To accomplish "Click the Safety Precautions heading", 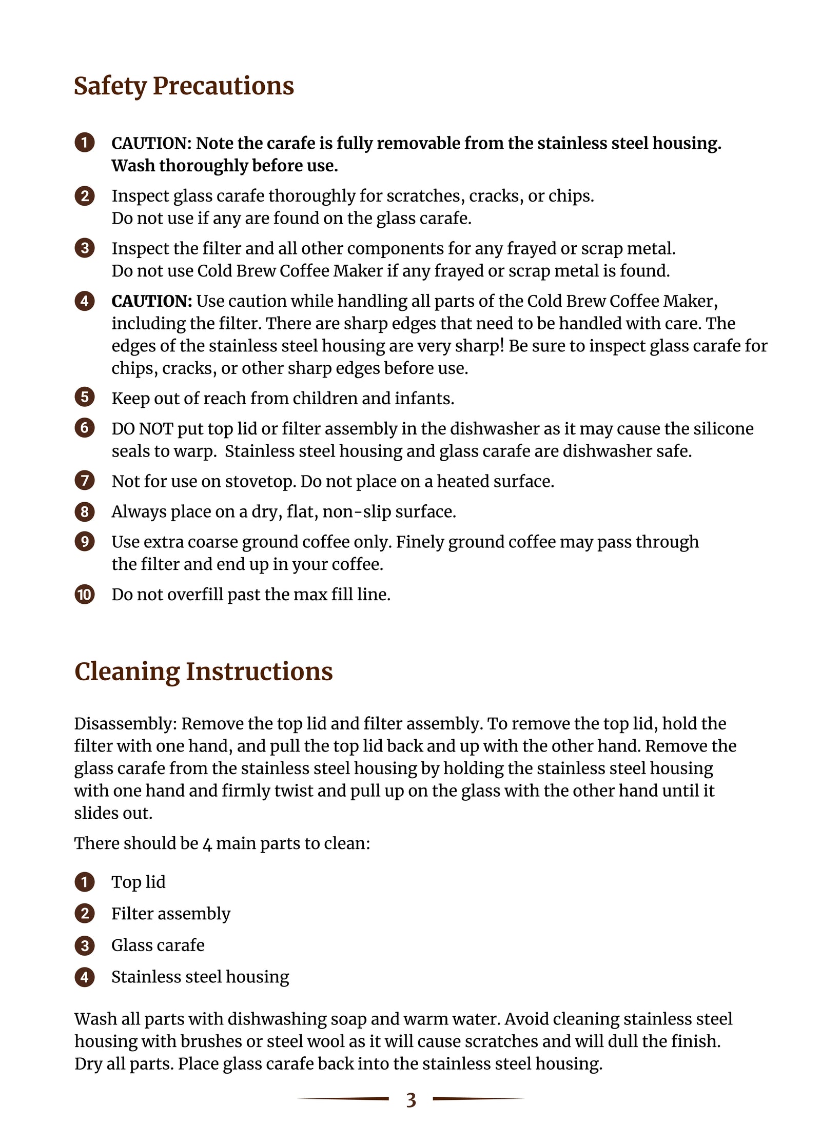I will tap(184, 86).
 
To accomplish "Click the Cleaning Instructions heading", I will tap(203, 672).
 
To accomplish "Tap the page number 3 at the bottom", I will tap(411, 1100).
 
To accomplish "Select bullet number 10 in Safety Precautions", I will tap(85, 595).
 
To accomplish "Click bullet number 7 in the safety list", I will tap(85, 481).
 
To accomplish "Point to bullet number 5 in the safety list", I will tap(85, 398).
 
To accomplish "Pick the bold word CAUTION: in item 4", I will tap(152, 301).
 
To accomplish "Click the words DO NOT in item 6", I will tap(142, 429).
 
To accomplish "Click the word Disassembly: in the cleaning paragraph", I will tap(126, 724).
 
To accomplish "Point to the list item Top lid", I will tap(139, 882).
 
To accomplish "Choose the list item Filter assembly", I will tap(171, 914).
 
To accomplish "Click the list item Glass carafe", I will tap(158, 945).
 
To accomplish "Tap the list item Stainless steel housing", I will tap(200, 977).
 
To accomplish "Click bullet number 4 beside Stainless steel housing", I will tap(85, 977).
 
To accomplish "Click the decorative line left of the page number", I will tap(344, 1098).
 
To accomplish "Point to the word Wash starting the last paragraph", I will tap(95, 1019).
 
